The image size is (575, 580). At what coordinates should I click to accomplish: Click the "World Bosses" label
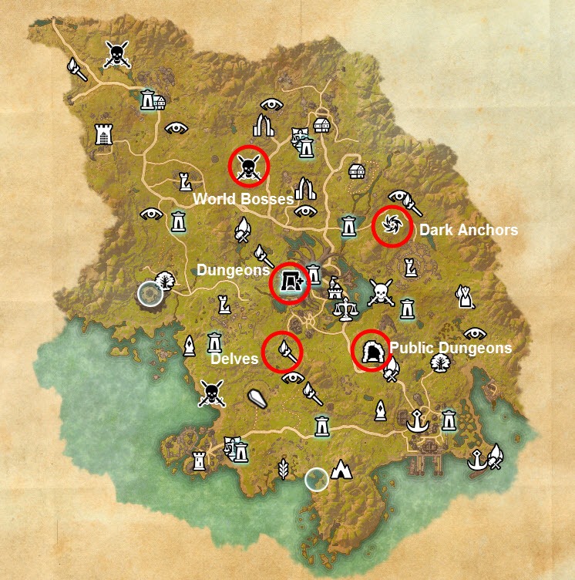[x=243, y=199]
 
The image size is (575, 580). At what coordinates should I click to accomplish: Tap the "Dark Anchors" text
[x=468, y=230]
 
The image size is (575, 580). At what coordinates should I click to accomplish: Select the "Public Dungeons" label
[x=450, y=349]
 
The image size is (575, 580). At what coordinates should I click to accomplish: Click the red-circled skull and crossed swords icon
[x=249, y=166]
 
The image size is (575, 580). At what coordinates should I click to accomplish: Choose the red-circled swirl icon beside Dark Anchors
[x=392, y=226]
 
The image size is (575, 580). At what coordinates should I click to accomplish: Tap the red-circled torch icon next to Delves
[x=282, y=351]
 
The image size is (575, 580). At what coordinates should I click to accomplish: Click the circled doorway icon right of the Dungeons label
[x=291, y=283]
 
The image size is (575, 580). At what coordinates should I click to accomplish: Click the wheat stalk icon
[x=283, y=467]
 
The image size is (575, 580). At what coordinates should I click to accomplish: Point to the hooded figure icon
[x=463, y=295]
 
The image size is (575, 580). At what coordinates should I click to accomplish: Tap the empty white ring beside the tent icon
[x=315, y=480]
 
